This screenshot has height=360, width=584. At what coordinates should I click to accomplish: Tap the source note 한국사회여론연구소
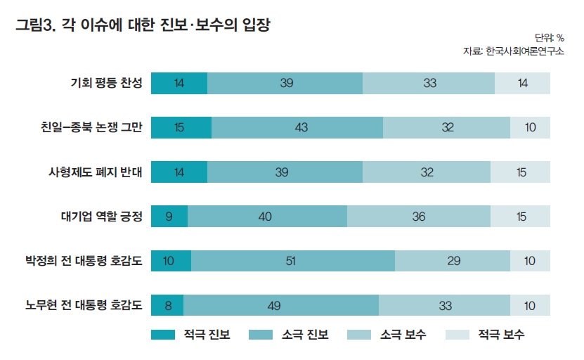[x=513, y=51]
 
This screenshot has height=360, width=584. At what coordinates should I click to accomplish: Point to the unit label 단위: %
[x=550, y=38]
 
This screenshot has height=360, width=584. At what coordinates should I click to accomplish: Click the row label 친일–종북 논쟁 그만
[x=92, y=127]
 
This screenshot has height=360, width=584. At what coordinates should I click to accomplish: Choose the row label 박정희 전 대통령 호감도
[x=84, y=261]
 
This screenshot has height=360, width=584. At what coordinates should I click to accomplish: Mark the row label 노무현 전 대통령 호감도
[x=84, y=305]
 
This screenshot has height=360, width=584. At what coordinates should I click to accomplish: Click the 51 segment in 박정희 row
[x=290, y=261]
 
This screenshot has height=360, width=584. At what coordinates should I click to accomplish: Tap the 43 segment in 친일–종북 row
[x=297, y=127]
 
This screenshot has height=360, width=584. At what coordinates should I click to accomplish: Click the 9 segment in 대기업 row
[x=169, y=216]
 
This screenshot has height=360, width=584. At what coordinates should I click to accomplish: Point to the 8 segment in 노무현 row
[x=167, y=305]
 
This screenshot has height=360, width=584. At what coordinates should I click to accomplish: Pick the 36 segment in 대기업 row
[x=419, y=216]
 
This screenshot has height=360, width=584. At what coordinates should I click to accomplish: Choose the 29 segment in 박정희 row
[x=452, y=261]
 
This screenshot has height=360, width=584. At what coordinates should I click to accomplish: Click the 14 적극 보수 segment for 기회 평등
[x=522, y=83]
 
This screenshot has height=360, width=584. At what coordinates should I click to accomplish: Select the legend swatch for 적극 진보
[x=162, y=335]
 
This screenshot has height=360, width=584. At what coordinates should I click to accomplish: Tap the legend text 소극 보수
[x=403, y=335]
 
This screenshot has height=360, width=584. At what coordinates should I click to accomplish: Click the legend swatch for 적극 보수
[x=458, y=335]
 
